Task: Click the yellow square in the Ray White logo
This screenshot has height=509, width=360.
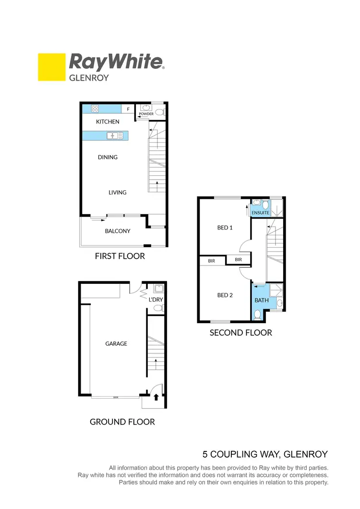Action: click(51, 67)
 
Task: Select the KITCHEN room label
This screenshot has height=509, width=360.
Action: click(108, 122)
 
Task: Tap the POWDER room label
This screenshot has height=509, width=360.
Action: click(146, 114)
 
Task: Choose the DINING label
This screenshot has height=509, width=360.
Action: click(108, 157)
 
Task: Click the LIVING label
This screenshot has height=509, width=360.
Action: click(117, 193)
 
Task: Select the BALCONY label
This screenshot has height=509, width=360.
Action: click(118, 231)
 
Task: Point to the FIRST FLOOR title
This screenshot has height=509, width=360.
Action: click(120, 256)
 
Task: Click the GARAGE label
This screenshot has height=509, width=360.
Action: click(116, 344)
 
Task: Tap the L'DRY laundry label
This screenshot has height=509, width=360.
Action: click(156, 300)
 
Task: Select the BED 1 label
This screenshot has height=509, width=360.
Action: click(225, 228)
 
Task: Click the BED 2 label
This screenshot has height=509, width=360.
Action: click(225, 295)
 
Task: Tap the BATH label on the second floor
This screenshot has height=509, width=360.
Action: click(262, 300)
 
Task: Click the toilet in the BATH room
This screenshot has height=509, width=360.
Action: click(257, 315)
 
